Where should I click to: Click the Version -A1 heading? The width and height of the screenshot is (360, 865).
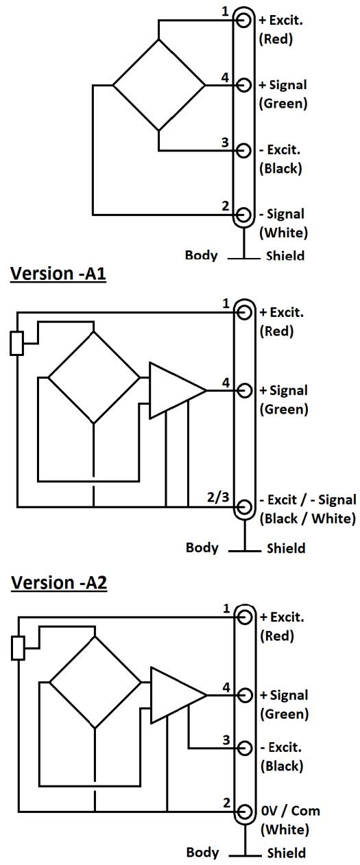coord(58,274)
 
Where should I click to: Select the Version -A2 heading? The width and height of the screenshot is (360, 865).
coord(59,582)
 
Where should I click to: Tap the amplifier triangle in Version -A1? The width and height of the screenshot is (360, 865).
coord(178,390)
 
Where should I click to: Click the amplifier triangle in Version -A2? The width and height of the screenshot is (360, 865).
coord(179,695)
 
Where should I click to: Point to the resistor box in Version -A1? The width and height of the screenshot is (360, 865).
coord(16,343)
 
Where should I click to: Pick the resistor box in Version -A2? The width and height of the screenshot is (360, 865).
coord(18,648)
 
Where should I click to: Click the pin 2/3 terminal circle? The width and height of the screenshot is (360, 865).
coord(244,507)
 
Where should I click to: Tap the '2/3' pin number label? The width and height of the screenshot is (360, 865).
coord(218,497)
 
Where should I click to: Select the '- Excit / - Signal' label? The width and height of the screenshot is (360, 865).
coord(307,499)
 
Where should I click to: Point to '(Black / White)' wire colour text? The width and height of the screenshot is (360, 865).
coord(307,519)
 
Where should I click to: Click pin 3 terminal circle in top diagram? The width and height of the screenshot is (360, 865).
coord(243,150)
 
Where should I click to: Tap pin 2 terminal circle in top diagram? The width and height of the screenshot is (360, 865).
coord(243,214)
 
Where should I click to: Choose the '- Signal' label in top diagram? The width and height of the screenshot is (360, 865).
coord(282,214)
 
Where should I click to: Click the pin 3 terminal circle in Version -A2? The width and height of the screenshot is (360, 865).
coord(245,748)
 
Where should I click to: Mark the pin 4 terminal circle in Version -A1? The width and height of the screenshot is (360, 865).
coord(244,390)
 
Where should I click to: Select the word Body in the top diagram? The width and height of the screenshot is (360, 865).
coord(201,255)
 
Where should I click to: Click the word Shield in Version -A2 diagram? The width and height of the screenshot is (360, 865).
coord(287,853)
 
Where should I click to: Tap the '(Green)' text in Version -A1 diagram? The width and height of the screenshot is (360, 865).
coord(284,410)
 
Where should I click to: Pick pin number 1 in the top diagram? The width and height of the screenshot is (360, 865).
coord(226,12)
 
